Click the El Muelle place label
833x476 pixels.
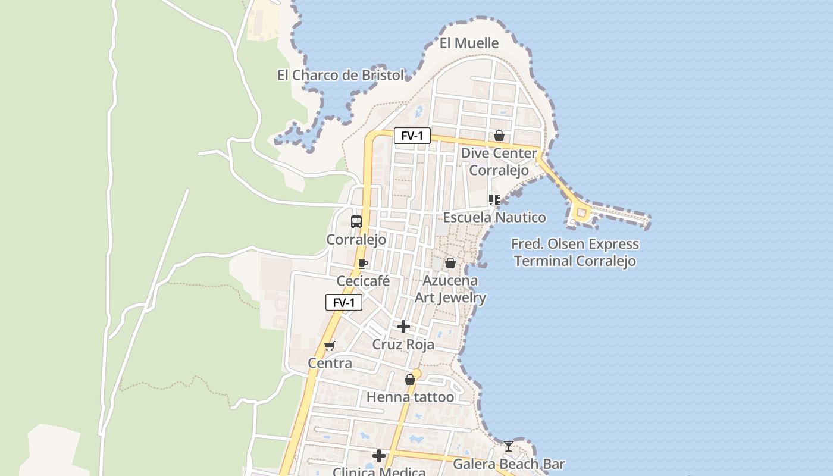(469, 43)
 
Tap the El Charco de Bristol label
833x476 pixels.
(340, 76)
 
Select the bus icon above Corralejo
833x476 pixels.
(356, 222)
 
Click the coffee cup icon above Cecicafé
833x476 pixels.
(363, 264)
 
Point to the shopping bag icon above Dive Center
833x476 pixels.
(499, 136)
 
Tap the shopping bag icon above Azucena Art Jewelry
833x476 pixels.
(450, 263)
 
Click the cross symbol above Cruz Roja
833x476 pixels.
(403, 327)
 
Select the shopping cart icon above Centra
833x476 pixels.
(330, 346)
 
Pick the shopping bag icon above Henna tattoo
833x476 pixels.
(410, 380)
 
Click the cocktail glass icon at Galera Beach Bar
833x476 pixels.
(509, 446)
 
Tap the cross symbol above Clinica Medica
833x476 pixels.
(379, 456)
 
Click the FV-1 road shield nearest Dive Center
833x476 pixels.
(412, 136)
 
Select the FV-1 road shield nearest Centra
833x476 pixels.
(344, 303)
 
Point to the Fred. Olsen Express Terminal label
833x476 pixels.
(575, 252)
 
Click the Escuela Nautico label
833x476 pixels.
(494, 218)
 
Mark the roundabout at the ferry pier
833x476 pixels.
(581, 212)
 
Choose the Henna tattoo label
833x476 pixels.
(410, 397)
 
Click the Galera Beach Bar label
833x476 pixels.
(509, 464)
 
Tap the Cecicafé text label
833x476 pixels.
(363, 281)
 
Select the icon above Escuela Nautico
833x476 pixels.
(494, 200)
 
